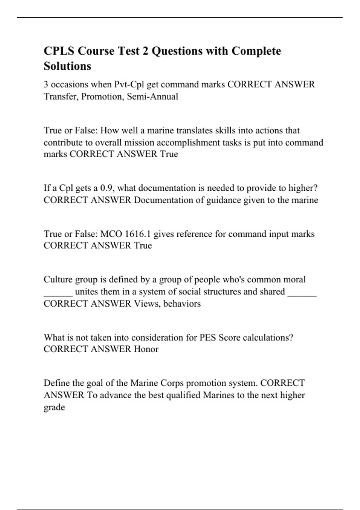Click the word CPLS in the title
58,51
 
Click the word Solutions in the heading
67,66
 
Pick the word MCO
111,234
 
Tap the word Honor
146,349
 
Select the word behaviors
182,304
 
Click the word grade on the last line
54,407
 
